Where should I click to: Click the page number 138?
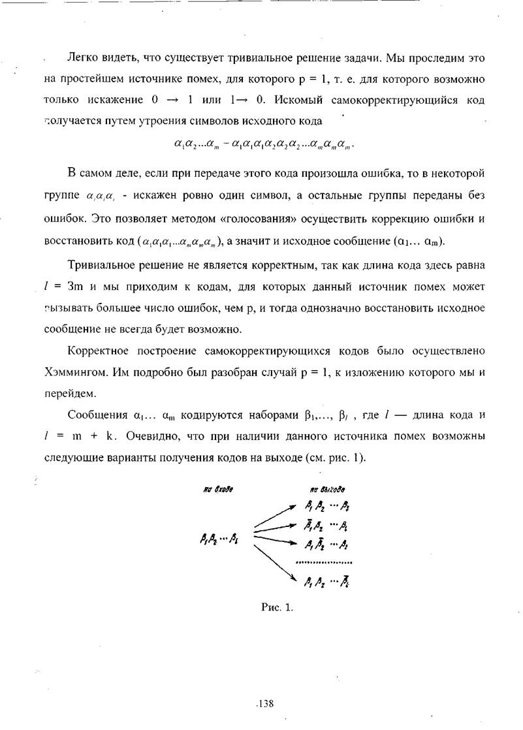click(x=264, y=703)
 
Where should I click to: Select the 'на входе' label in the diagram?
click(x=218, y=488)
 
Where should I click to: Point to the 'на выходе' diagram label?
click(x=327, y=488)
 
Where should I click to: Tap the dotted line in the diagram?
click(x=324, y=562)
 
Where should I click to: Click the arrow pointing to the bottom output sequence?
click(x=273, y=561)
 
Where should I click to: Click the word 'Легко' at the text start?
click(x=82, y=58)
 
